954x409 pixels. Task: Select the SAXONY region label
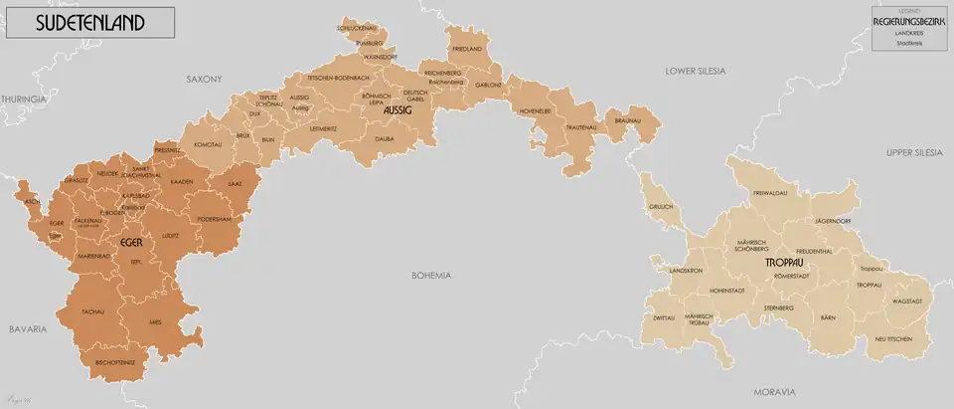204,78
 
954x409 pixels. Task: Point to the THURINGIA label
25,100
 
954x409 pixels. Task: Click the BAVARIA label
28,328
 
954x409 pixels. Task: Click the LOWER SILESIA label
696,72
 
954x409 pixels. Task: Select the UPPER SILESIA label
913,151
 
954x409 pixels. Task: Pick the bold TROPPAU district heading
785,261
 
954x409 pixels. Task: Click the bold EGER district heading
130,242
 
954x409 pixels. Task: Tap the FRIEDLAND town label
467,49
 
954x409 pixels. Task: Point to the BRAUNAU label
628,120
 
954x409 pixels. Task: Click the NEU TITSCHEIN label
893,339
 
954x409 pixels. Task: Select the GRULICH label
661,206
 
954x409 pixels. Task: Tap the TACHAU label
93,311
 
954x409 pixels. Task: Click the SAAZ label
235,184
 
